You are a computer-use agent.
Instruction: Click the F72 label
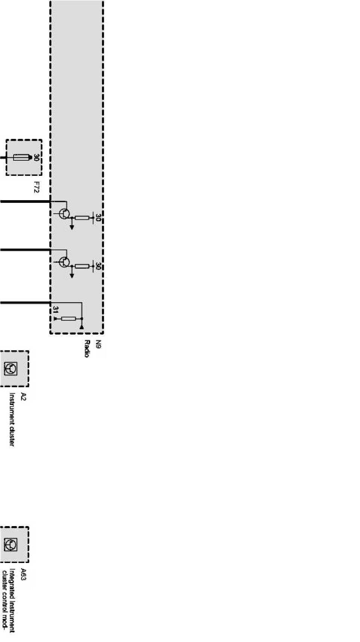tap(36, 187)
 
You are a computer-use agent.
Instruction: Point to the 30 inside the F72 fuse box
tap(36, 157)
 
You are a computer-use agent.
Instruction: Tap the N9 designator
tap(98, 343)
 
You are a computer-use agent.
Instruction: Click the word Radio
tap(87, 348)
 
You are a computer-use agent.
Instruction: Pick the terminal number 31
tap(56, 310)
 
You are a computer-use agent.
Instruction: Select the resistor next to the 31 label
tap(68, 319)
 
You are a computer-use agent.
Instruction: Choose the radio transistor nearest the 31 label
tap(64, 262)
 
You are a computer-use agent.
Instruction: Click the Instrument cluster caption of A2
tap(12, 419)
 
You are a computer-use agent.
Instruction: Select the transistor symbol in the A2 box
tap(10, 369)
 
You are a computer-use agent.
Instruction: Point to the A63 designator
tap(23, 574)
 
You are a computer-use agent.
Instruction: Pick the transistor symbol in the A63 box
tap(10, 544)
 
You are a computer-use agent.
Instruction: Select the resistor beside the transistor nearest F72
tap(82, 218)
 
